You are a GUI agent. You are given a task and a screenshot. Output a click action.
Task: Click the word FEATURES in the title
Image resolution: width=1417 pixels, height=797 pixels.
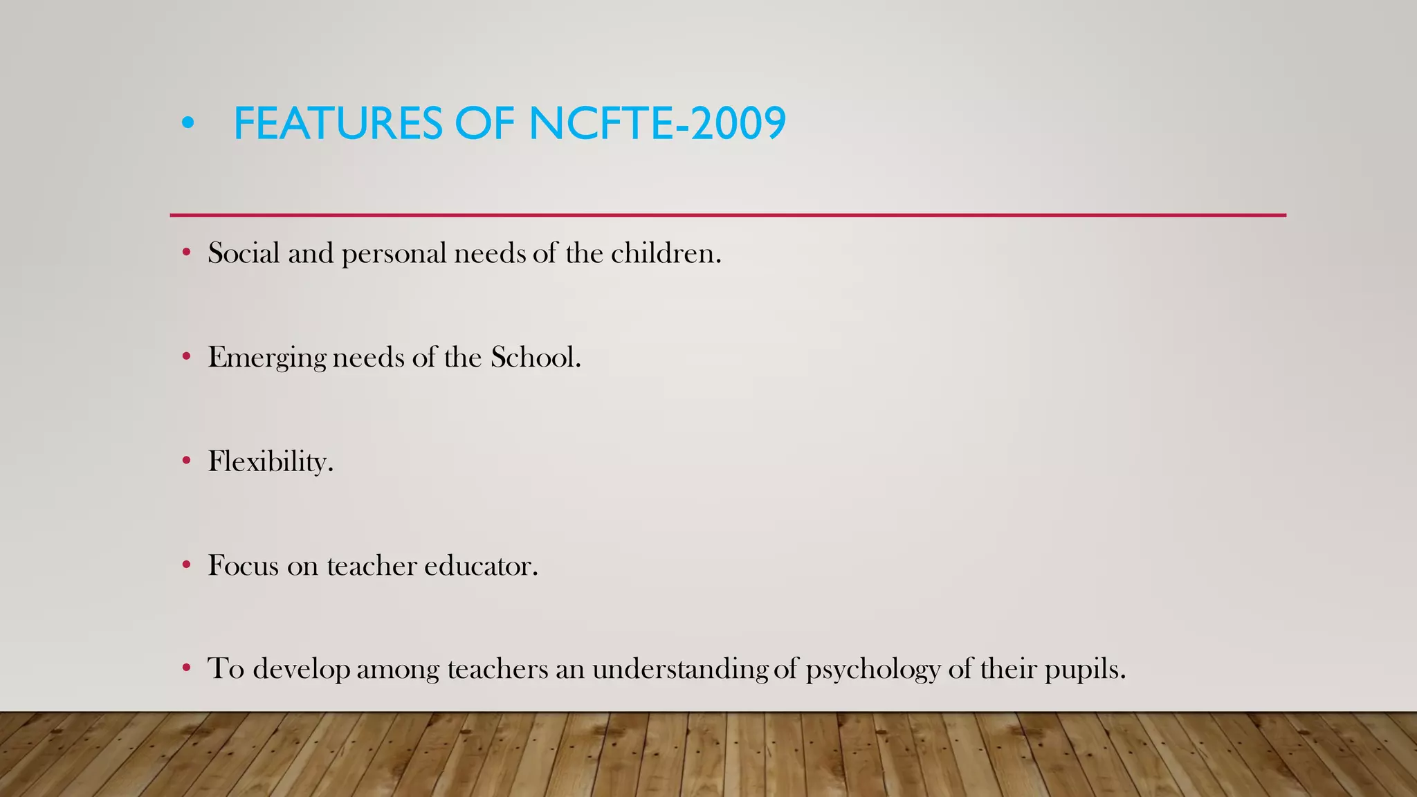338,124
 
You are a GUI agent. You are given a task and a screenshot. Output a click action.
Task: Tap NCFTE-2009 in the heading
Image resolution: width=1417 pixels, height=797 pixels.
657,124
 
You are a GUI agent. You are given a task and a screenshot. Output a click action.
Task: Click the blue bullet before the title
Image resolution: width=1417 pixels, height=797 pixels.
188,124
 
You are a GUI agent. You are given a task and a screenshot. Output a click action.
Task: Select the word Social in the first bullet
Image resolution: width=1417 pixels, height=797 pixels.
244,253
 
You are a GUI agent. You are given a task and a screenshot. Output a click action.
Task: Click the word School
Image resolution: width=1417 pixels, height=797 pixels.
535,357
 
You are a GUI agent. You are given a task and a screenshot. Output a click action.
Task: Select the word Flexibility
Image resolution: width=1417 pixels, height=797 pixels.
271,462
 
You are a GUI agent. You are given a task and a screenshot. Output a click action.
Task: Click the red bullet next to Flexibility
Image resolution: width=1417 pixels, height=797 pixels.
186,461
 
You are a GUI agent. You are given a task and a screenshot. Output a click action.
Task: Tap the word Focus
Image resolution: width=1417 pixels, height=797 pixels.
244,566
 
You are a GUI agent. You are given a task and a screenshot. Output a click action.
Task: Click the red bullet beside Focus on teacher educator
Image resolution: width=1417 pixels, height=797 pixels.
186,565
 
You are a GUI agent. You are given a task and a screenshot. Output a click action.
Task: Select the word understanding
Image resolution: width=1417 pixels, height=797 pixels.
679,670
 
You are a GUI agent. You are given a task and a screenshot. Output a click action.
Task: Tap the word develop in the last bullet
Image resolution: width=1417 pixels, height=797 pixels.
302,670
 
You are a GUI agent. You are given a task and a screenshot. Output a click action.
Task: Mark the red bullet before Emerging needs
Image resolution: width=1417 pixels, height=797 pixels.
186,357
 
